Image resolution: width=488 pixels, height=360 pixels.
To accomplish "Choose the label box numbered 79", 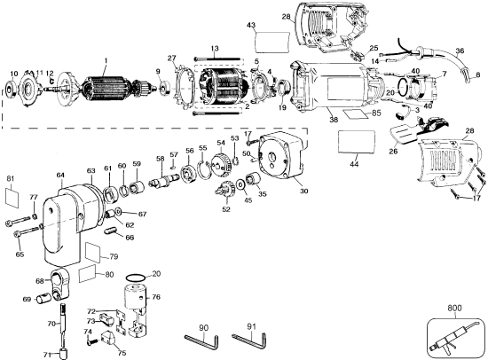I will pos(99,257).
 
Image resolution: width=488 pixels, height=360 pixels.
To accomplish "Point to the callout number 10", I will pos(12,73).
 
